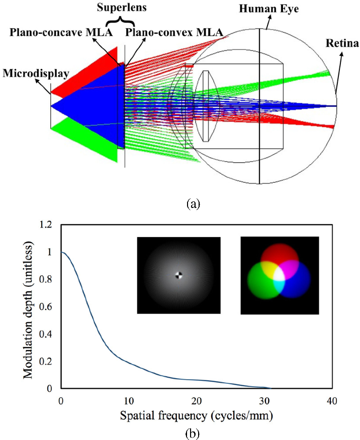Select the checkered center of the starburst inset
pyautogui.click(x=178, y=275)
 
